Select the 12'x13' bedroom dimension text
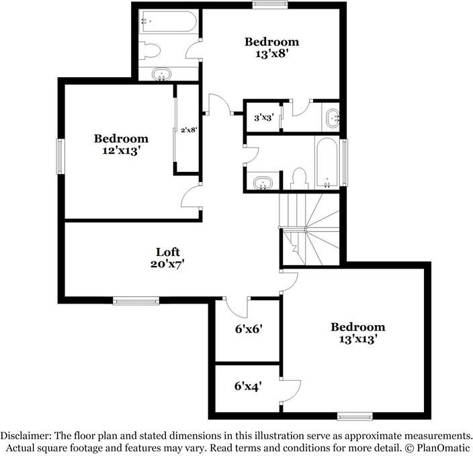tap(121, 151)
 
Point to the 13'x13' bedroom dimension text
tap(357, 339)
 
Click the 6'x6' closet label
tap(247, 329)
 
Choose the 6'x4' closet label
tap(247, 386)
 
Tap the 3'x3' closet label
tap(262, 117)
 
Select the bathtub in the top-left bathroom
tap(169, 23)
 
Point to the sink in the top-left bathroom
tap(162, 74)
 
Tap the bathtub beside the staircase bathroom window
tap(327, 163)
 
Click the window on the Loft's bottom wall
tap(136, 302)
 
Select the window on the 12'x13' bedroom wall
tap(60, 156)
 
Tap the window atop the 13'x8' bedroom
tap(266, 5)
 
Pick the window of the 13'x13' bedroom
tap(355, 415)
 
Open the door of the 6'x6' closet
tap(236, 306)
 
